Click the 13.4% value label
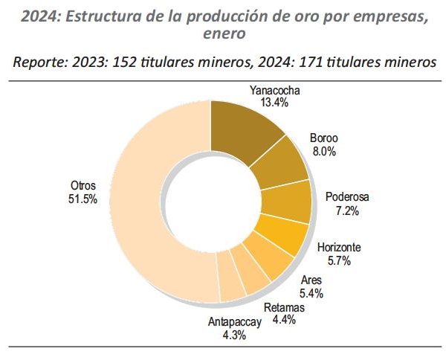274,103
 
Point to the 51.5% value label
83,199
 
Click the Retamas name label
284,308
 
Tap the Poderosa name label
347,197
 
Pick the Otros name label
83,185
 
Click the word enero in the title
224,33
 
